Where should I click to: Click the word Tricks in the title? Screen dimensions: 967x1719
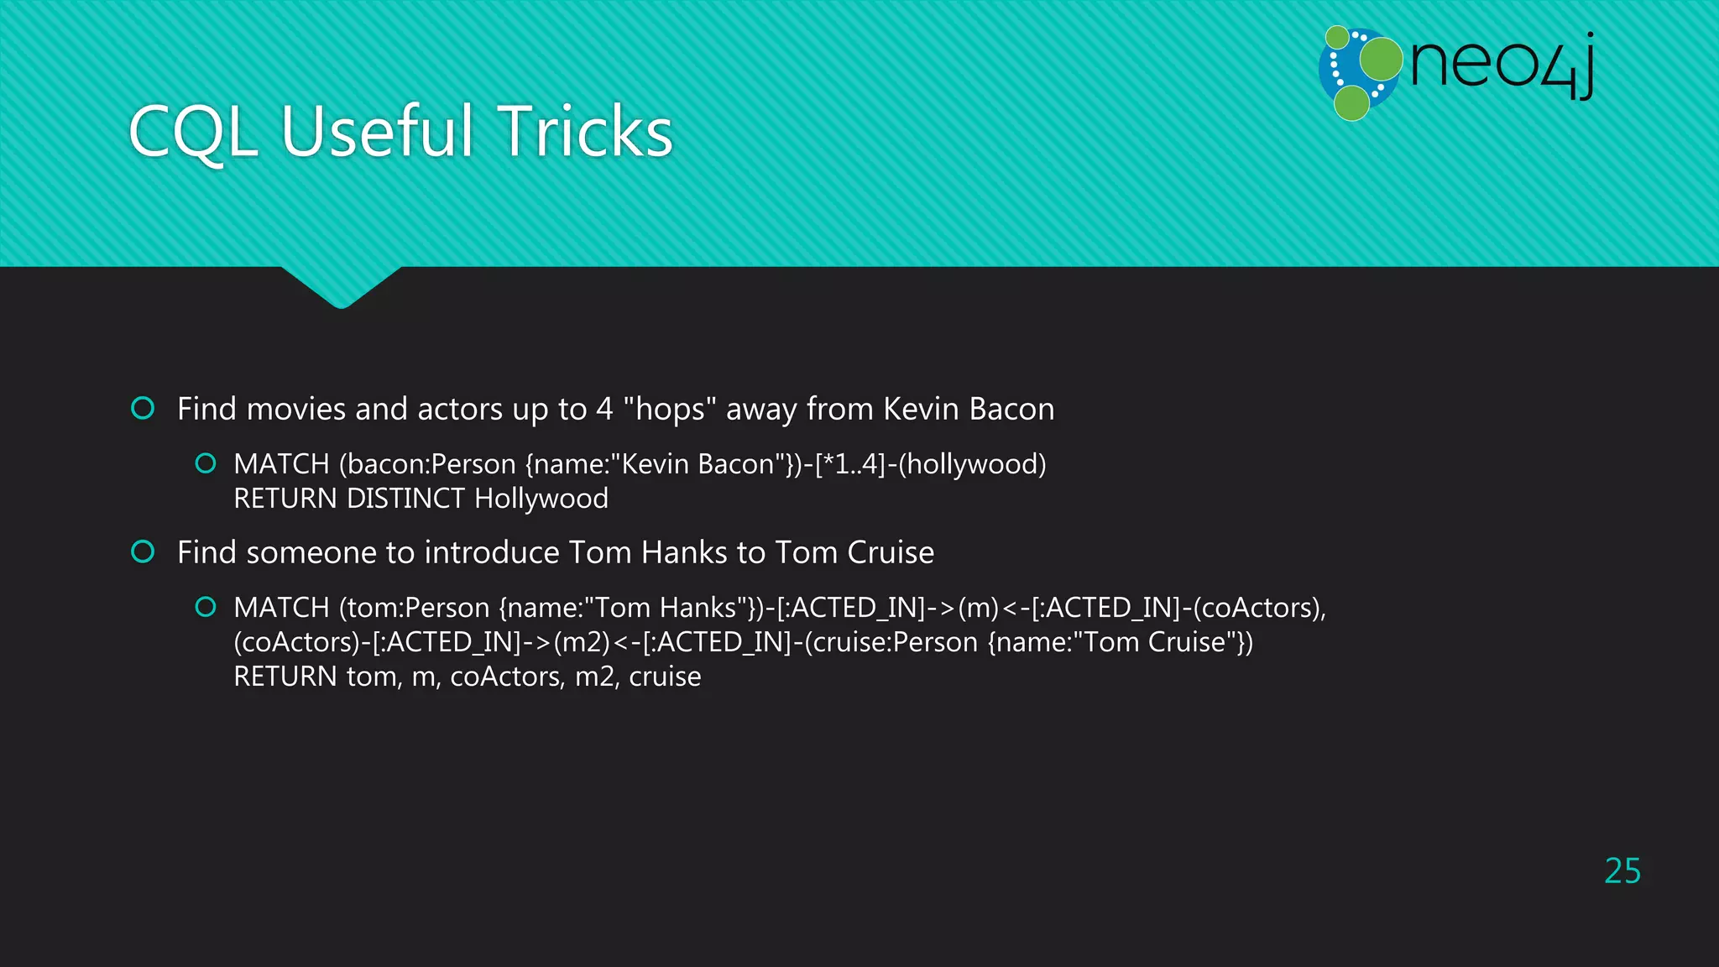586,132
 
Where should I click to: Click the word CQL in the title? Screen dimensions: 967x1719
193,132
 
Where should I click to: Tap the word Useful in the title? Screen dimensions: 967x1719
378,132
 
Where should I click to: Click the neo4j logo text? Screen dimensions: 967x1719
1502,65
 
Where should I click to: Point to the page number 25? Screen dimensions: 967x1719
1622,871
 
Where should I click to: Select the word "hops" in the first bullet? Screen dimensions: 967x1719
669,410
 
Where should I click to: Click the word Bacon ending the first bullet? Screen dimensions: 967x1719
1011,410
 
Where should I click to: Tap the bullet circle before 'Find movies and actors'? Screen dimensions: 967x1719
144,409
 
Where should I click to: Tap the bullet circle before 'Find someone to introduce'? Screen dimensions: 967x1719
144,552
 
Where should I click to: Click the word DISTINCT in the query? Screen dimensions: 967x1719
405,499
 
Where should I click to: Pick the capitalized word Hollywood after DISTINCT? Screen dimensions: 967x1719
541,499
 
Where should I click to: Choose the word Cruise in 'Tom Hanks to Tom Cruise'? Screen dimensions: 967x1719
891,553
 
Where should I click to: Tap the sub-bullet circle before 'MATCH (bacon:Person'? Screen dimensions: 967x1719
206,463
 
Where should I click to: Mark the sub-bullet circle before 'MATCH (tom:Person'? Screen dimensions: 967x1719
206,607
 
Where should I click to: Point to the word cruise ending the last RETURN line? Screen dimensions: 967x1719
665,677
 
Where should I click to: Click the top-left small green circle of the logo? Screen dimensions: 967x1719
1337,38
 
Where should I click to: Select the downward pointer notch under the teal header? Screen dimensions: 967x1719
341,290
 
